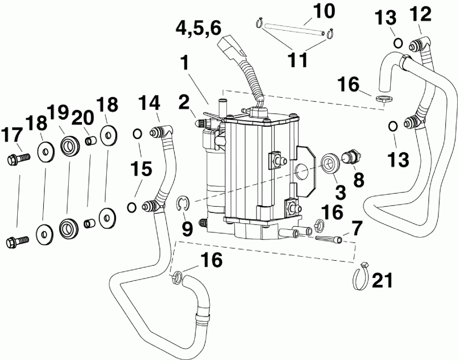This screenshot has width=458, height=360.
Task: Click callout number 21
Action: click(382, 279)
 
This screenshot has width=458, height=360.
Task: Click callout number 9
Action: click(188, 229)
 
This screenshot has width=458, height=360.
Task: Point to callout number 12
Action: click(422, 15)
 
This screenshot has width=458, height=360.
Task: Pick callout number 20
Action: click(84, 118)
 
